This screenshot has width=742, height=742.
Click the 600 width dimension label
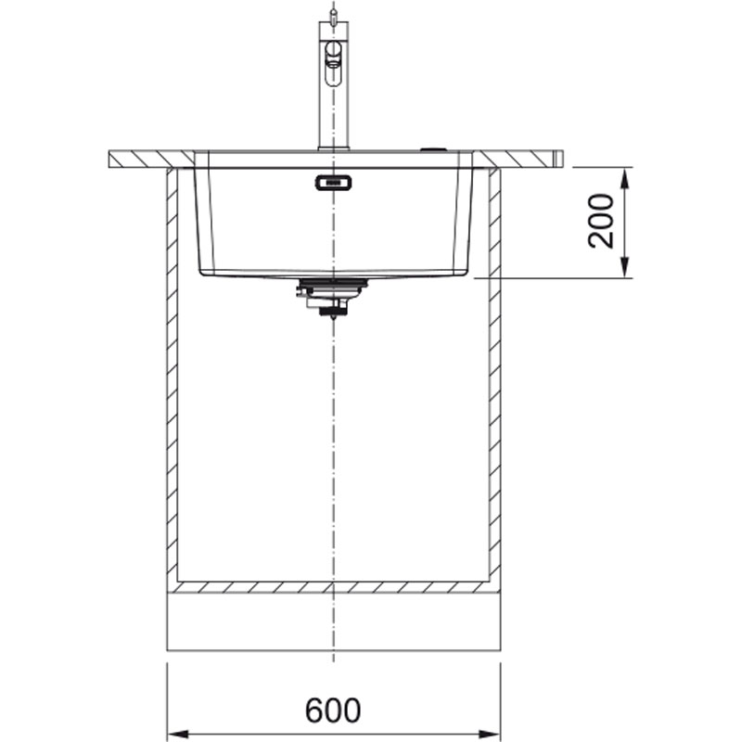333,710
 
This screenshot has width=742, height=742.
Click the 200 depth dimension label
600,221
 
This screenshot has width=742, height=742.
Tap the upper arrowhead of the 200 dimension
624,178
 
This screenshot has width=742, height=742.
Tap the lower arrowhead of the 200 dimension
624,267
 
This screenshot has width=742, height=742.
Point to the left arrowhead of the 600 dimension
178,734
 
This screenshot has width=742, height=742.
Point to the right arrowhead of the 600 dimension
491,734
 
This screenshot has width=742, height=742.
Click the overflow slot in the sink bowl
333,182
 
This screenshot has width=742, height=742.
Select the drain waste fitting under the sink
332,297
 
